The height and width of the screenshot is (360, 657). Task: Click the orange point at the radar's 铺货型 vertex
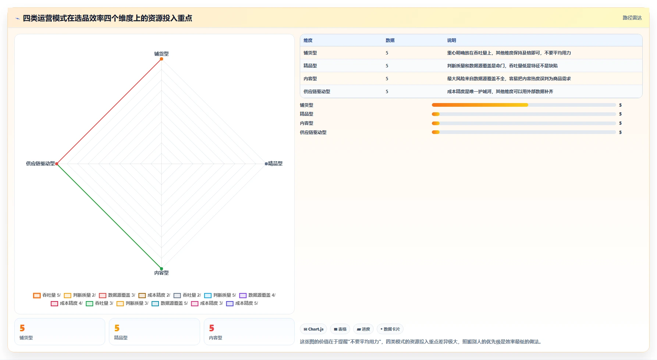tap(161, 59)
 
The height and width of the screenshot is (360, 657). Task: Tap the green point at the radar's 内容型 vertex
tap(161, 269)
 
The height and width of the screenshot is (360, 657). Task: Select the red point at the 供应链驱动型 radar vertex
tap(57, 164)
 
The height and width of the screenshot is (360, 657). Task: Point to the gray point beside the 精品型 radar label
tap(266, 164)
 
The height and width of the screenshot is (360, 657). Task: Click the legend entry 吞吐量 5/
tap(47, 295)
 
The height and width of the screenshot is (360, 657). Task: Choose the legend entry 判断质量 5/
tap(220, 295)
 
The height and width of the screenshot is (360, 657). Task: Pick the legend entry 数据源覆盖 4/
tap(257, 295)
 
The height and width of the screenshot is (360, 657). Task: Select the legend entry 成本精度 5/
tap(242, 303)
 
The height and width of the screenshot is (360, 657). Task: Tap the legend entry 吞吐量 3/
tap(99, 303)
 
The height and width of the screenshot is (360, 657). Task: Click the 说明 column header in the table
tap(451, 40)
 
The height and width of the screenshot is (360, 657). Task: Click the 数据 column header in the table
tap(390, 40)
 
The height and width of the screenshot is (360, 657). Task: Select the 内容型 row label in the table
tap(310, 79)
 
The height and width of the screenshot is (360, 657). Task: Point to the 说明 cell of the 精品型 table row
tap(502, 66)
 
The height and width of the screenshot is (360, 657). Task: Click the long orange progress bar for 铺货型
tap(480, 105)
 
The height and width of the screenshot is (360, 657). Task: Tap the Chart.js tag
tap(313, 329)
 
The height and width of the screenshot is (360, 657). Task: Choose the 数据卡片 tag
tap(390, 329)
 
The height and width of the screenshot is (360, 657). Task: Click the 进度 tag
tap(363, 329)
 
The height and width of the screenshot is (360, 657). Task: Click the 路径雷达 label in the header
tap(632, 18)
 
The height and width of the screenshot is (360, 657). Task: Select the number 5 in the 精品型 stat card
tap(117, 328)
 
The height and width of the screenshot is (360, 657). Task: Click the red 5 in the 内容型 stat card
tap(212, 328)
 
